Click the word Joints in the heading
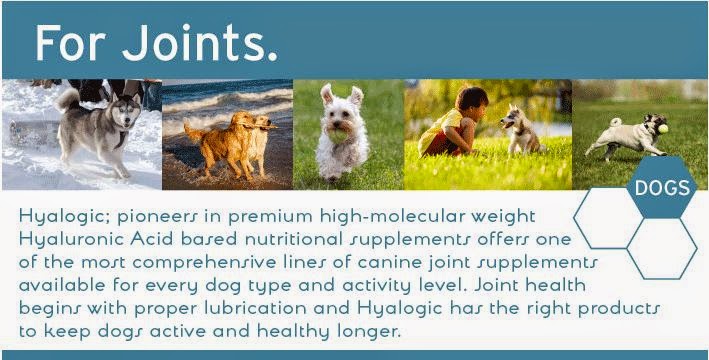click(x=199, y=43)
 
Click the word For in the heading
click(x=71, y=43)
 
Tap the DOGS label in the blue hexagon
click(x=662, y=187)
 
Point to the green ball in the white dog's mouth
click(x=337, y=136)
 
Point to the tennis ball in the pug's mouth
click(x=663, y=129)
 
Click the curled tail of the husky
click(x=67, y=98)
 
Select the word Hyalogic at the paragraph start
click(x=62, y=217)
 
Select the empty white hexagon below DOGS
click(x=662, y=249)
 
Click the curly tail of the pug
click(x=615, y=122)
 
